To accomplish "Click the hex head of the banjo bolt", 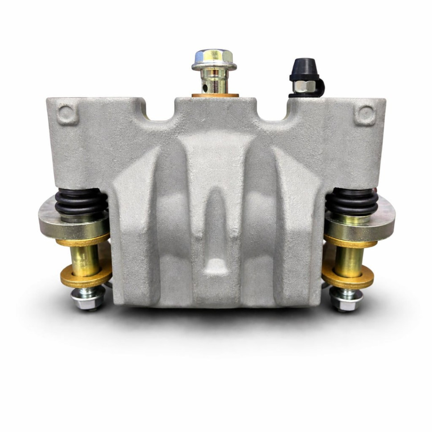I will coord(214,57).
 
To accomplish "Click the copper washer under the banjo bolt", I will coord(215,95).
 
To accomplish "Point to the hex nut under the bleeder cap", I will coord(305,86).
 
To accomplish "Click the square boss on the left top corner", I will coord(67,114).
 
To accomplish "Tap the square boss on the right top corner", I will coord(364,115).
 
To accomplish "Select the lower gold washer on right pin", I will coord(348,279).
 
